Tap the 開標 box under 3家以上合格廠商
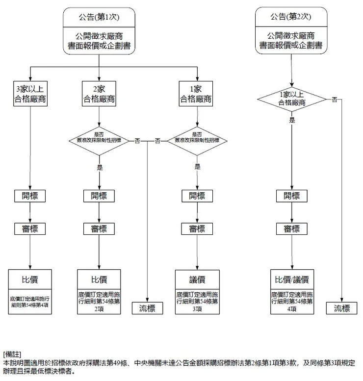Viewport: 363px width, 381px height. tap(31, 196)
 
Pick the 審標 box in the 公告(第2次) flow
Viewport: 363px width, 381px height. tap(292, 229)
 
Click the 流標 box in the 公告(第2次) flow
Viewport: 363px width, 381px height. tap(342, 308)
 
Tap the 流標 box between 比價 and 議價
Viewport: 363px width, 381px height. tap(148, 308)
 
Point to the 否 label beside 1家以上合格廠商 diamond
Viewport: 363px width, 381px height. tap(335, 100)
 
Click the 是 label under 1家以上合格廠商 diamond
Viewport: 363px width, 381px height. tap(292, 120)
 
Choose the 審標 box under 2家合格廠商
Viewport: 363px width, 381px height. tap(99, 229)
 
